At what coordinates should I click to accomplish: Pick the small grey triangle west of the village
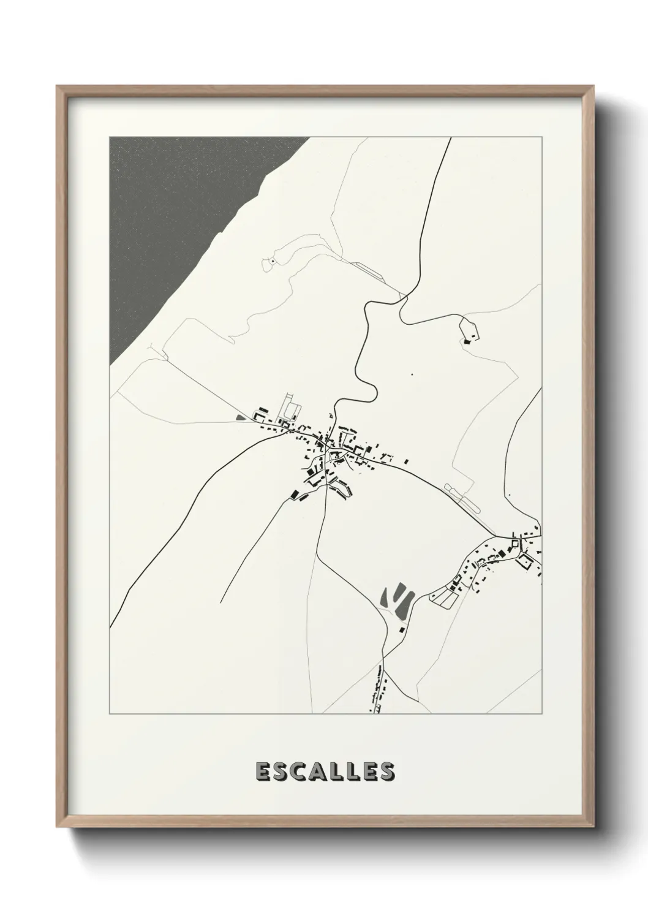tap(239, 418)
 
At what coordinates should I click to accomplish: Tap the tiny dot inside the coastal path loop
tap(271, 262)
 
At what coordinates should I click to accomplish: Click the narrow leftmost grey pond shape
tap(385, 596)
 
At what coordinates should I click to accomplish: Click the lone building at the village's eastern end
tap(405, 461)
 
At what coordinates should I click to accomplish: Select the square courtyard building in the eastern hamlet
tap(524, 562)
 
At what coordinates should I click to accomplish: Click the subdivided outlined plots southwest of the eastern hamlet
tap(445, 595)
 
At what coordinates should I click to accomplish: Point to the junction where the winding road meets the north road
tap(403, 298)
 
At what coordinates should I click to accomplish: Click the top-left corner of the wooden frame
tap(58, 87)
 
